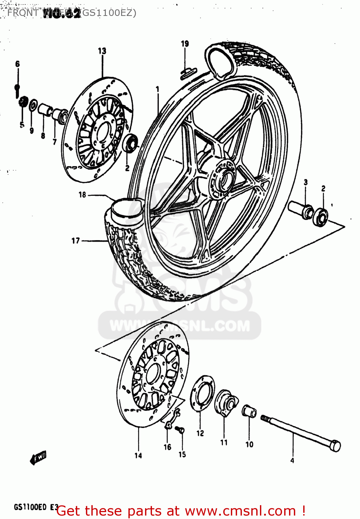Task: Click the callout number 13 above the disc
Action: coord(102,51)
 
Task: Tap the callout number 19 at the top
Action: coord(185,44)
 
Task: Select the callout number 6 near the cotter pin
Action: coord(18,64)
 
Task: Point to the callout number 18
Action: coord(82,195)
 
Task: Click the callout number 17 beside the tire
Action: coord(75,241)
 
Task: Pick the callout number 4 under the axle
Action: coord(292,460)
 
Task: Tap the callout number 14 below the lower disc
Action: coord(138,456)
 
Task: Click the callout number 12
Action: coord(200,433)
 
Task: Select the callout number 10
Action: coord(249,445)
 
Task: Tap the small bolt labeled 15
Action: coord(180,430)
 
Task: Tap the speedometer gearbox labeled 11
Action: coord(226,402)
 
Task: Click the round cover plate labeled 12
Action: coord(202,394)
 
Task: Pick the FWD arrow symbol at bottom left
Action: coord(38,458)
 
